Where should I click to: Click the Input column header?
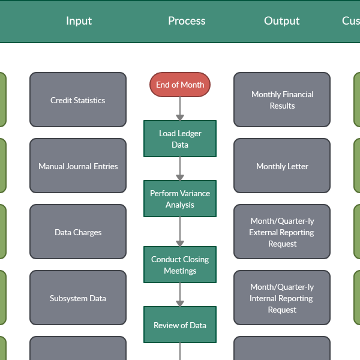(x=79, y=21)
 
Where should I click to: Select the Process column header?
(x=187, y=21)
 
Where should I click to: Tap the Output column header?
(x=281, y=21)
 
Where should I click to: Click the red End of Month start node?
(x=180, y=85)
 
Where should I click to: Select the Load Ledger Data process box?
(x=180, y=139)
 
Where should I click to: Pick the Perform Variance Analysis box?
(x=180, y=199)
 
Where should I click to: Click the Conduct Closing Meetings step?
(x=180, y=265)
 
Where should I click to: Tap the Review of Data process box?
(x=180, y=325)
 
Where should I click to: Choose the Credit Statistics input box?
(x=78, y=100)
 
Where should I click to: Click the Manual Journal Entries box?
(x=78, y=166)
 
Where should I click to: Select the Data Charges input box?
(x=78, y=232)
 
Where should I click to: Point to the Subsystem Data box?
(x=78, y=298)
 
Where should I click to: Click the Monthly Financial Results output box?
(x=282, y=100)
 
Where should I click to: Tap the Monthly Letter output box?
(x=282, y=166)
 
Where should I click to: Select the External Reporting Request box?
(x=282, y=232)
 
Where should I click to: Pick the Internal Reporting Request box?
(x=282, y=298)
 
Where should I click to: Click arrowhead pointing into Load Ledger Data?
(x=180, y=118)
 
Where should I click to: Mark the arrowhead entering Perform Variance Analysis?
(x=180, y=178)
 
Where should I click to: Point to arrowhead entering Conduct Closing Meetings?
(x=180, y=244)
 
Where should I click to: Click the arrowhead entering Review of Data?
(x=180, y=304)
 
